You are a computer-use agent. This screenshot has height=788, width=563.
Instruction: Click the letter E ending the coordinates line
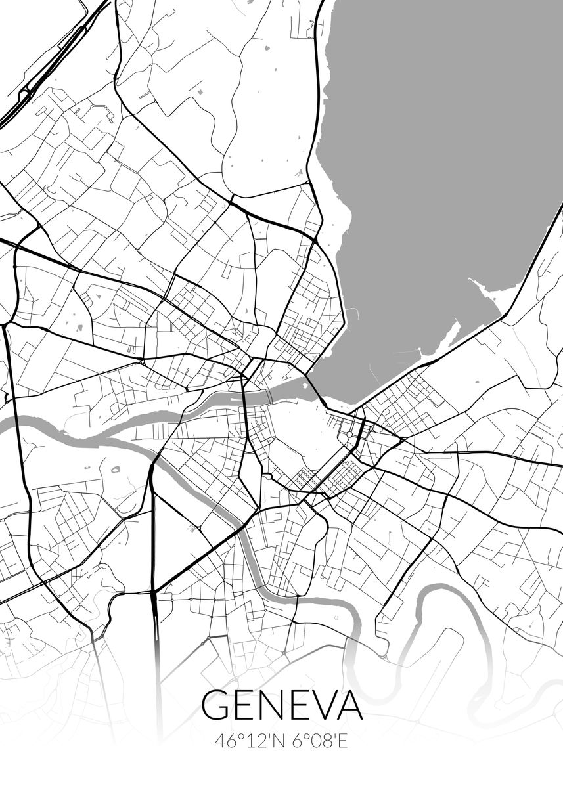point(342,741)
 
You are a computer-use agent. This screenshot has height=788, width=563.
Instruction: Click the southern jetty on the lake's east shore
point(453,338)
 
